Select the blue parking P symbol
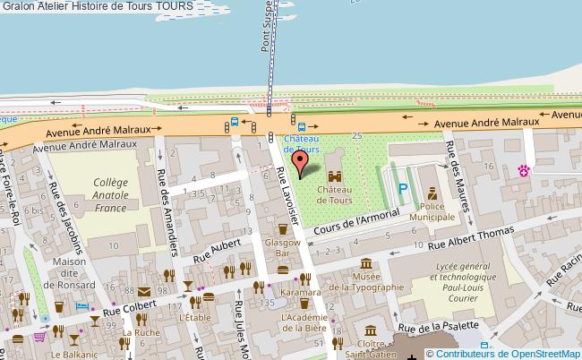pyautogui.click(x=403, y=189)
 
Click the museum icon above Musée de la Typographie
pyautogui.click(x=365, y=264)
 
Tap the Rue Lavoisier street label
pyautogui.click(x=292, y=189)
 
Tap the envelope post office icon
pyautogui.click(x=144, y=291)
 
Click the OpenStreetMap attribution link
pyautogui.click(x=503, y=353)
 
